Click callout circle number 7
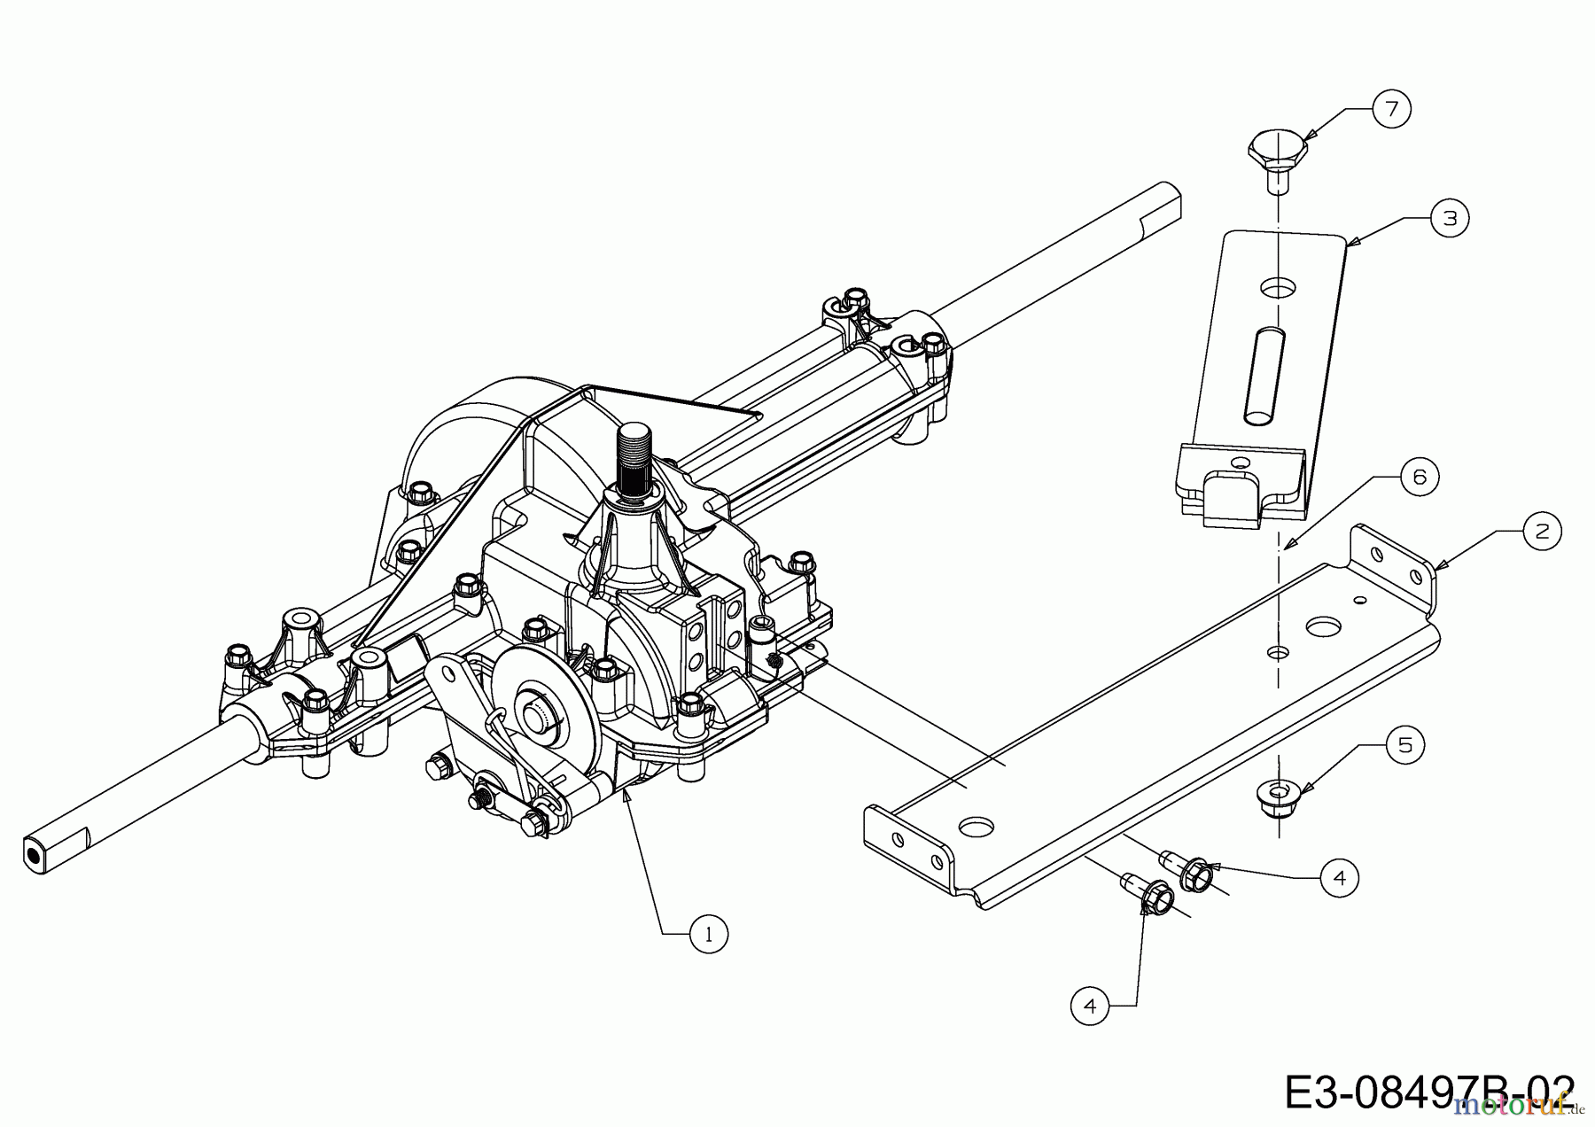pyautogui.click(x=1390, y=109)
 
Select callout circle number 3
pyautogui.click(x=1450, y=217)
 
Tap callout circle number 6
pyautogui.click(x=1420, y=478)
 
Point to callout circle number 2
pyautogui.click(x=1543, y=531)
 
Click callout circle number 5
pyautogui.click(x=1405, y=745)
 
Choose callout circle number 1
pyautogui.click(x=708, y=933)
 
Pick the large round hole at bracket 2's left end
pyautogui.click(x=976, y=826)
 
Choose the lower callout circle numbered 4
pyautogui.click(x=1089, y=1006)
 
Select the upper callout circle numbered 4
pyautogui.click(x=1338, y=877)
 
